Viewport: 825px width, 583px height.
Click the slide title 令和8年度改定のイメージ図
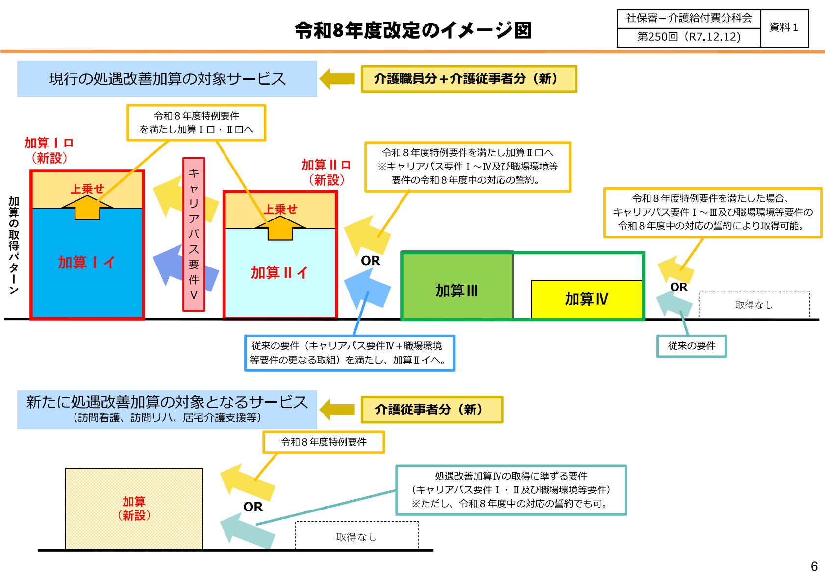(413, 30)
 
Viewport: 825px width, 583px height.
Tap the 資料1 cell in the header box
(783, 28)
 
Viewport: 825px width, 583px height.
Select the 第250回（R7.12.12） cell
(688, 37)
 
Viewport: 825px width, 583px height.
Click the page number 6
(814, 566)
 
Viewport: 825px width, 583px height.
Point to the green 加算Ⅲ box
(457, 291)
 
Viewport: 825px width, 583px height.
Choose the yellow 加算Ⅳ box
(586, 299)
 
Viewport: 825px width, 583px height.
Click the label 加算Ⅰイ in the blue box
(86, 263)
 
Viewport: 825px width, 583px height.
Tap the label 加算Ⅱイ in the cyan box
(279, 272)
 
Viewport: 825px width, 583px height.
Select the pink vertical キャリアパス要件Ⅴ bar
(194, 234)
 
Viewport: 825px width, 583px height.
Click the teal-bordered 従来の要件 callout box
(691, 346)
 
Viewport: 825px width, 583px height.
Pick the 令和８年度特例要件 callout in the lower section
(324, 442)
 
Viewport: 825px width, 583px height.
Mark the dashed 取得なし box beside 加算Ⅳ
(754, 305)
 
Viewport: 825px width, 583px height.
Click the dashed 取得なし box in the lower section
(356, 537)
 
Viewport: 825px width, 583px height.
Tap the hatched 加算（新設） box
(134, 509)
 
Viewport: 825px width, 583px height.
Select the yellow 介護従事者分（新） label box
(432, 410)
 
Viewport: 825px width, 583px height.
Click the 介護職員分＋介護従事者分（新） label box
(469, 79)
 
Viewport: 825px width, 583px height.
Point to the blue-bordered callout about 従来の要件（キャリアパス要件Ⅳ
(350, 353)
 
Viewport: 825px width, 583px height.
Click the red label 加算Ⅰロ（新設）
(49, 150)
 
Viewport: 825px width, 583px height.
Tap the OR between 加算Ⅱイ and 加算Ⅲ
(371, 261)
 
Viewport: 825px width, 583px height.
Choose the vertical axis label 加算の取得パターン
(14, 245)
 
